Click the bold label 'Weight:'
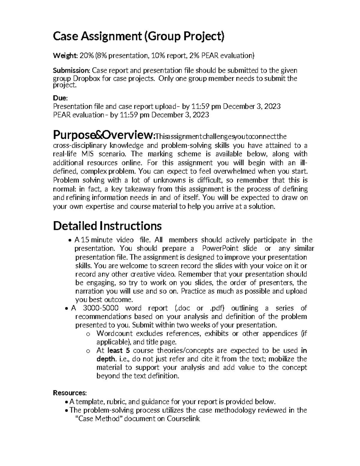(x=65, y=56)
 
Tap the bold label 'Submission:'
(x=71, y=71)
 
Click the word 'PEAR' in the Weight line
(x=210, y=56)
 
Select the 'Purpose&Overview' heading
(x=103, y=136)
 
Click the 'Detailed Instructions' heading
(x=107, y=226)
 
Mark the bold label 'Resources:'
(x=70, y=393)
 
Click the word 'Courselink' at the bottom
(x=183, y=419)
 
